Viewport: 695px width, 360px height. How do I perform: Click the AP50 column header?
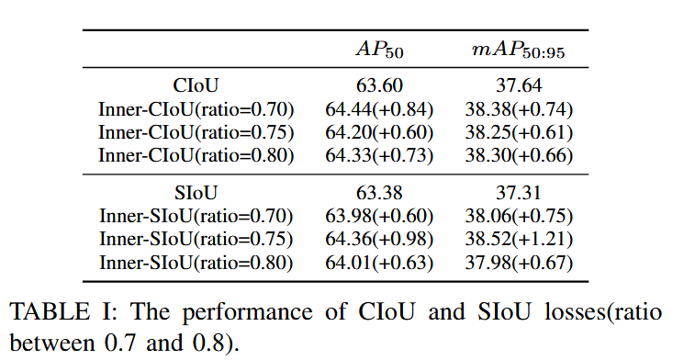pos(379,50)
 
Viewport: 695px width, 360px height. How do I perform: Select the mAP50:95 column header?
pos(519,51)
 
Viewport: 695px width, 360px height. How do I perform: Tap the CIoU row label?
pos(196,85)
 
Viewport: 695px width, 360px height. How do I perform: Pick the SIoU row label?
pos(196,193)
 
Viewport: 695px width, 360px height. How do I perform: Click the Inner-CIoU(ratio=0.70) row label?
pos(196,109)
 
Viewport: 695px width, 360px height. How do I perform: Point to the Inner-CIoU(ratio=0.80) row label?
pos(196,155)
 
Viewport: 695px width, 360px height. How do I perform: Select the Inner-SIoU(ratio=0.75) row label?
pos(196,239)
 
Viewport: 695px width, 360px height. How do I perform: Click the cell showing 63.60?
pos(379,85)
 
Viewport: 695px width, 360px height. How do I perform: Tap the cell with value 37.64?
pos(519,85)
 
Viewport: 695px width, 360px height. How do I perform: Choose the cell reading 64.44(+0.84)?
pos(379,109)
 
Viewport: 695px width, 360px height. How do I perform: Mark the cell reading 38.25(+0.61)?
pos(519,132)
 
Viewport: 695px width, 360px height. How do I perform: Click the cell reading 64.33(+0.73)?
pos(379,155)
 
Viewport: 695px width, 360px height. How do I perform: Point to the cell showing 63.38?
pos(379,193)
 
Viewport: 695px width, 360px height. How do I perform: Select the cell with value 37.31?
pos(519,193)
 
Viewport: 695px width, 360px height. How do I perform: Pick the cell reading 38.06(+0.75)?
pos(519,216)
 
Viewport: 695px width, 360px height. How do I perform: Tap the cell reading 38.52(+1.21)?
pos(519,239)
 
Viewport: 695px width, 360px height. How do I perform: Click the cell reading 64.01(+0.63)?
pos(379,263)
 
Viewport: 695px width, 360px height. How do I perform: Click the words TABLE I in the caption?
pos(63,311)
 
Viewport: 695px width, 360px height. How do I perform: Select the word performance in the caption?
pos(247,312)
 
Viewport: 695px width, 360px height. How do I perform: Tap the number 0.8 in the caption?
pos(208,343)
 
